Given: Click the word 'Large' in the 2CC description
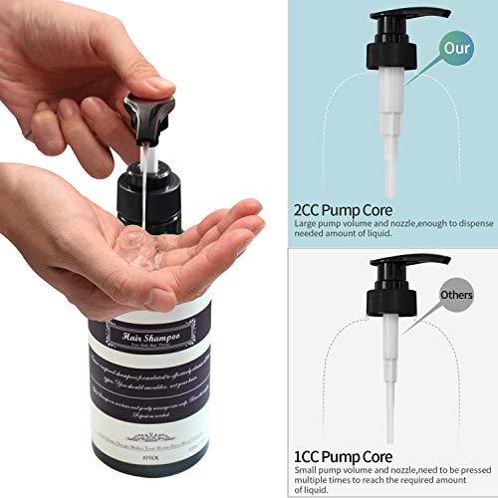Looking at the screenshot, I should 306,225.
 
